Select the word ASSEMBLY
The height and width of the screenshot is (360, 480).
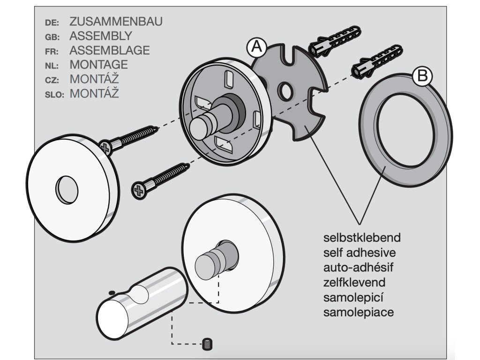(x=100, y=36)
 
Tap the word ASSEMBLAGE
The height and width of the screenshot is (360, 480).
(x=109, y=50)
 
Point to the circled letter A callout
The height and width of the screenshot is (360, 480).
(x=257, y=47)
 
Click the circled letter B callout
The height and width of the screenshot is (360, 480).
(x=422, y=76)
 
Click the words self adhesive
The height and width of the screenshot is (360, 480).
(x=360, y=252)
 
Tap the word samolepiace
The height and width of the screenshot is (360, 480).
(x=359, y=312)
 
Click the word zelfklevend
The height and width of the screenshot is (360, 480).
(x=354, y=283)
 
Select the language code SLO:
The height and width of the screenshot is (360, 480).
(x=54, y=94)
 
